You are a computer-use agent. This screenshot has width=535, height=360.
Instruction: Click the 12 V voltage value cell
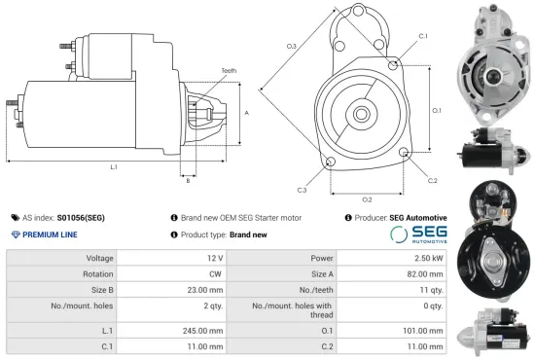(214, 258)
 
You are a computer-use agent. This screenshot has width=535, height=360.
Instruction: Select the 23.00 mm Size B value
(207, 289)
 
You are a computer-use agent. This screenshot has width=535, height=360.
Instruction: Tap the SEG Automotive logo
(418, 235)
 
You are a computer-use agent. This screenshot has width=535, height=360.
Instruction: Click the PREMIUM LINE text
(51, 235)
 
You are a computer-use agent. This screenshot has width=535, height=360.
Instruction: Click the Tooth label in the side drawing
(229, 71)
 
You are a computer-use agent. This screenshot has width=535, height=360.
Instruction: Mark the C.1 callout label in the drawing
(422, 36)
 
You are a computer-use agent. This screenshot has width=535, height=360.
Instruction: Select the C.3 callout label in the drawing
(303, 189)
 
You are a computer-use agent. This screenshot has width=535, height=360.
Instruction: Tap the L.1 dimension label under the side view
(114, 168)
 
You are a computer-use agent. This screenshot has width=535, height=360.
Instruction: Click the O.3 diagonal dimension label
(291, 47)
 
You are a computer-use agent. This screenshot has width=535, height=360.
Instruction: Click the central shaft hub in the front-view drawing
(361, 114)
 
